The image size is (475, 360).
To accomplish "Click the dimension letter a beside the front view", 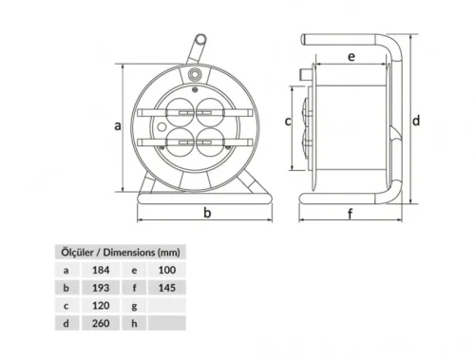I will [x=118, y=125].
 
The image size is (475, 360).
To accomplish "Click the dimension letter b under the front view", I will [x=206, y=214].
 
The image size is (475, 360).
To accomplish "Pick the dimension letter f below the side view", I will [x=351, y=214].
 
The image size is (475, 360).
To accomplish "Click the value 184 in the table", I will [x=101, y=271].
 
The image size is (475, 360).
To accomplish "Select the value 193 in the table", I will [x=101, y=288].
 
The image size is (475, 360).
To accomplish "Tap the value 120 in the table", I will [x=101, y=306].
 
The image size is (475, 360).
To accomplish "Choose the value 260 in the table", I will [x=101, y=323].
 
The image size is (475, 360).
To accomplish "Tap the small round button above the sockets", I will [x=197, y=73].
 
